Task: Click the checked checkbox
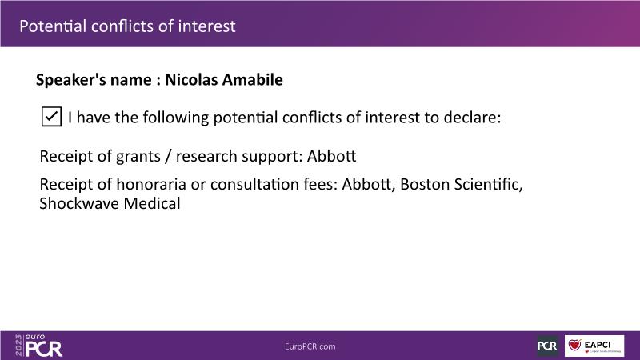coord(51,117)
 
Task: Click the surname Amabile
coord(253,79)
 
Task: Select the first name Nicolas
coord(192,79)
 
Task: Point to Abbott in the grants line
coord(331,156)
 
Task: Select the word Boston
coord(425,184)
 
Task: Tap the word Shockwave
coord(79,203)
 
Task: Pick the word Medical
coord(152,203)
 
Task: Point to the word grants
coord(138,157)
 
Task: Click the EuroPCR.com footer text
coord(310,346)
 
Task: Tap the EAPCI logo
coord(594,346)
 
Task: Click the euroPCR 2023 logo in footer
coord(38,346)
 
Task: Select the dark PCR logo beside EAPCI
coord(547,346)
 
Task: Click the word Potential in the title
coord(53,26)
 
